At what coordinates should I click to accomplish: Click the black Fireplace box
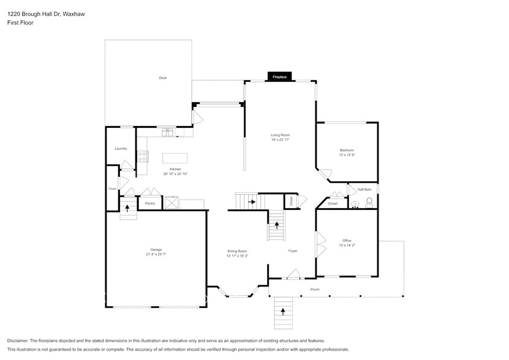pos(279,77)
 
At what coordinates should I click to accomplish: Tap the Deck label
pos(162,78)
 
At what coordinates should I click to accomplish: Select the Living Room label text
pos(281,135)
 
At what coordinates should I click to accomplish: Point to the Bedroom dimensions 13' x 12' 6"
pos(347,155)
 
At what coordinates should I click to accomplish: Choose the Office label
pos(347,241)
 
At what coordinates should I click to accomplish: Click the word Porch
pos(315,289)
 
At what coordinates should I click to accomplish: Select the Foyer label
pos(293,251)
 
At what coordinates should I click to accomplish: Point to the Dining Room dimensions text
pos(237,256)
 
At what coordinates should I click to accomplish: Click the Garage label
pos(156,249)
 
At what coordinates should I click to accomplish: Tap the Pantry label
pos(150,203)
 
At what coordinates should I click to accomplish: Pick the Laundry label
pos(121,149)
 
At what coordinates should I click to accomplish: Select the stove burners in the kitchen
pos(142,156)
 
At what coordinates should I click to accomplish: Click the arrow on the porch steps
pos(283,310)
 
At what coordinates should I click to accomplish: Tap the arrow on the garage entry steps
pos(127,207)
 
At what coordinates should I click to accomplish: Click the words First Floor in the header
pos(21,23)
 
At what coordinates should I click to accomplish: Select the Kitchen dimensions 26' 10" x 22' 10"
pos(176,174)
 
